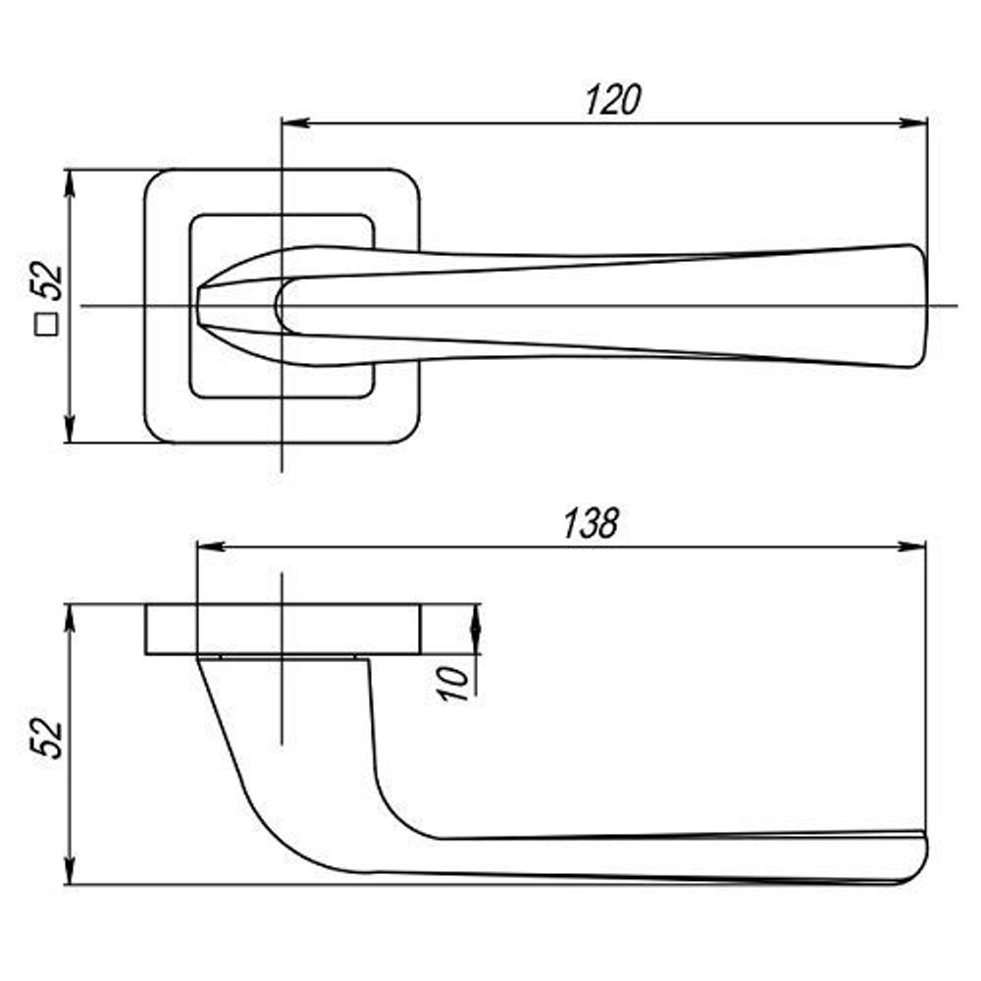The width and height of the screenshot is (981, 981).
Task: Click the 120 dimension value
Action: pyautogui.click(x=613, y=100)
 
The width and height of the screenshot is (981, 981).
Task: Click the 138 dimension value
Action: pyautogui.click(x=592, y=524)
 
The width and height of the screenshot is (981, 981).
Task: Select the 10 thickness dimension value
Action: pyautogui.click(x=454, y=683)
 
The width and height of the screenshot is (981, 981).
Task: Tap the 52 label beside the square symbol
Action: pyautogui.click(x=47, y=283)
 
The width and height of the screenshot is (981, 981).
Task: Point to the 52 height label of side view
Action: pyautogui.click(x=47, y=739)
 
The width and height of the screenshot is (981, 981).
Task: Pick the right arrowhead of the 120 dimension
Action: pyautogui.click(x=912, y=123)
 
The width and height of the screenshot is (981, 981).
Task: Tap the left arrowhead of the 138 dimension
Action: pyautogui.click(x=211, y=546)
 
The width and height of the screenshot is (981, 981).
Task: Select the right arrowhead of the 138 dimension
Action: pyautogui.click(x=910, y=546)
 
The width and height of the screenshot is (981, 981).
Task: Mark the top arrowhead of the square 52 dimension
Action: pyautogui.click(x=70, y=184)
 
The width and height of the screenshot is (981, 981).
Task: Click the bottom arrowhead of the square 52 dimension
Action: pyautogui.click(x=70, y=428)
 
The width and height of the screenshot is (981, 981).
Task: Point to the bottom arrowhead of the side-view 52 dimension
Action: pyautogui.click(x=70, y=869)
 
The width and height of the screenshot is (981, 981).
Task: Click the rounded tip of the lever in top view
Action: pyautogui.click(x=920, y=306)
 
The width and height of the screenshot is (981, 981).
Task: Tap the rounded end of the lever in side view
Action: pyautogui.click(x=920, y=857)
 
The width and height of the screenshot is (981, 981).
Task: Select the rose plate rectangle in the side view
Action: pyautogui.click(x=283, y=630)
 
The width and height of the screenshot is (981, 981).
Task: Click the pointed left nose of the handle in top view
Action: pyautogui.click(x=199, y=306)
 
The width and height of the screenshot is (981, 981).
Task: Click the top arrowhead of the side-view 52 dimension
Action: pyautogui.click(x=70, y=619)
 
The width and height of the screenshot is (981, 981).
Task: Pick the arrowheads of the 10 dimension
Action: pyautogui.click(x=476, y=630)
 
